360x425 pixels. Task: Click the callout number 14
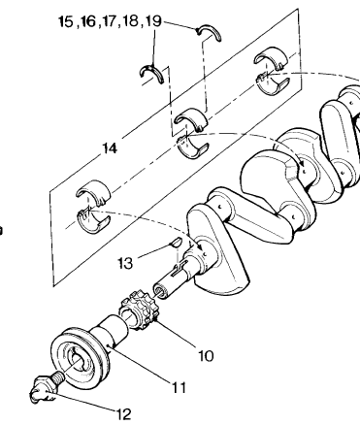pyautogui.click(x=110, y=148)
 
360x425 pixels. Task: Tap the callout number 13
pyautogui.click(x=125, y=263)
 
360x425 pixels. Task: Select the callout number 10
pyautogui.click(x=206, y=356)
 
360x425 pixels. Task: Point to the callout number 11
pyautogui.click(x=179, y=387)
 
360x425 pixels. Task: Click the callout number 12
pyautogui.click(x=124, y=414)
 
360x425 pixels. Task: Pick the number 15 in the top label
pyautogui.click(x=66, y=21)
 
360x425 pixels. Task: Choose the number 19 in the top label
pyautogui.click(x=153, y=21)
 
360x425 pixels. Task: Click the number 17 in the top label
pyautogui.click(x=110, y=21)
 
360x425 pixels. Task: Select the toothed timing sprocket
pyautogui.click(x=139, y=310)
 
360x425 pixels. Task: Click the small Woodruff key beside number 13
pyautogui.click(x=177, y=243)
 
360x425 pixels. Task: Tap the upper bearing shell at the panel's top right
pyautogui.click(x=271, y=56)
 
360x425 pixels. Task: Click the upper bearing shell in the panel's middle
pyautogui.click(x=191, y=118)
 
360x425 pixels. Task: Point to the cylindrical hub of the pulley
pyautogui.click(x=110, y=332)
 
